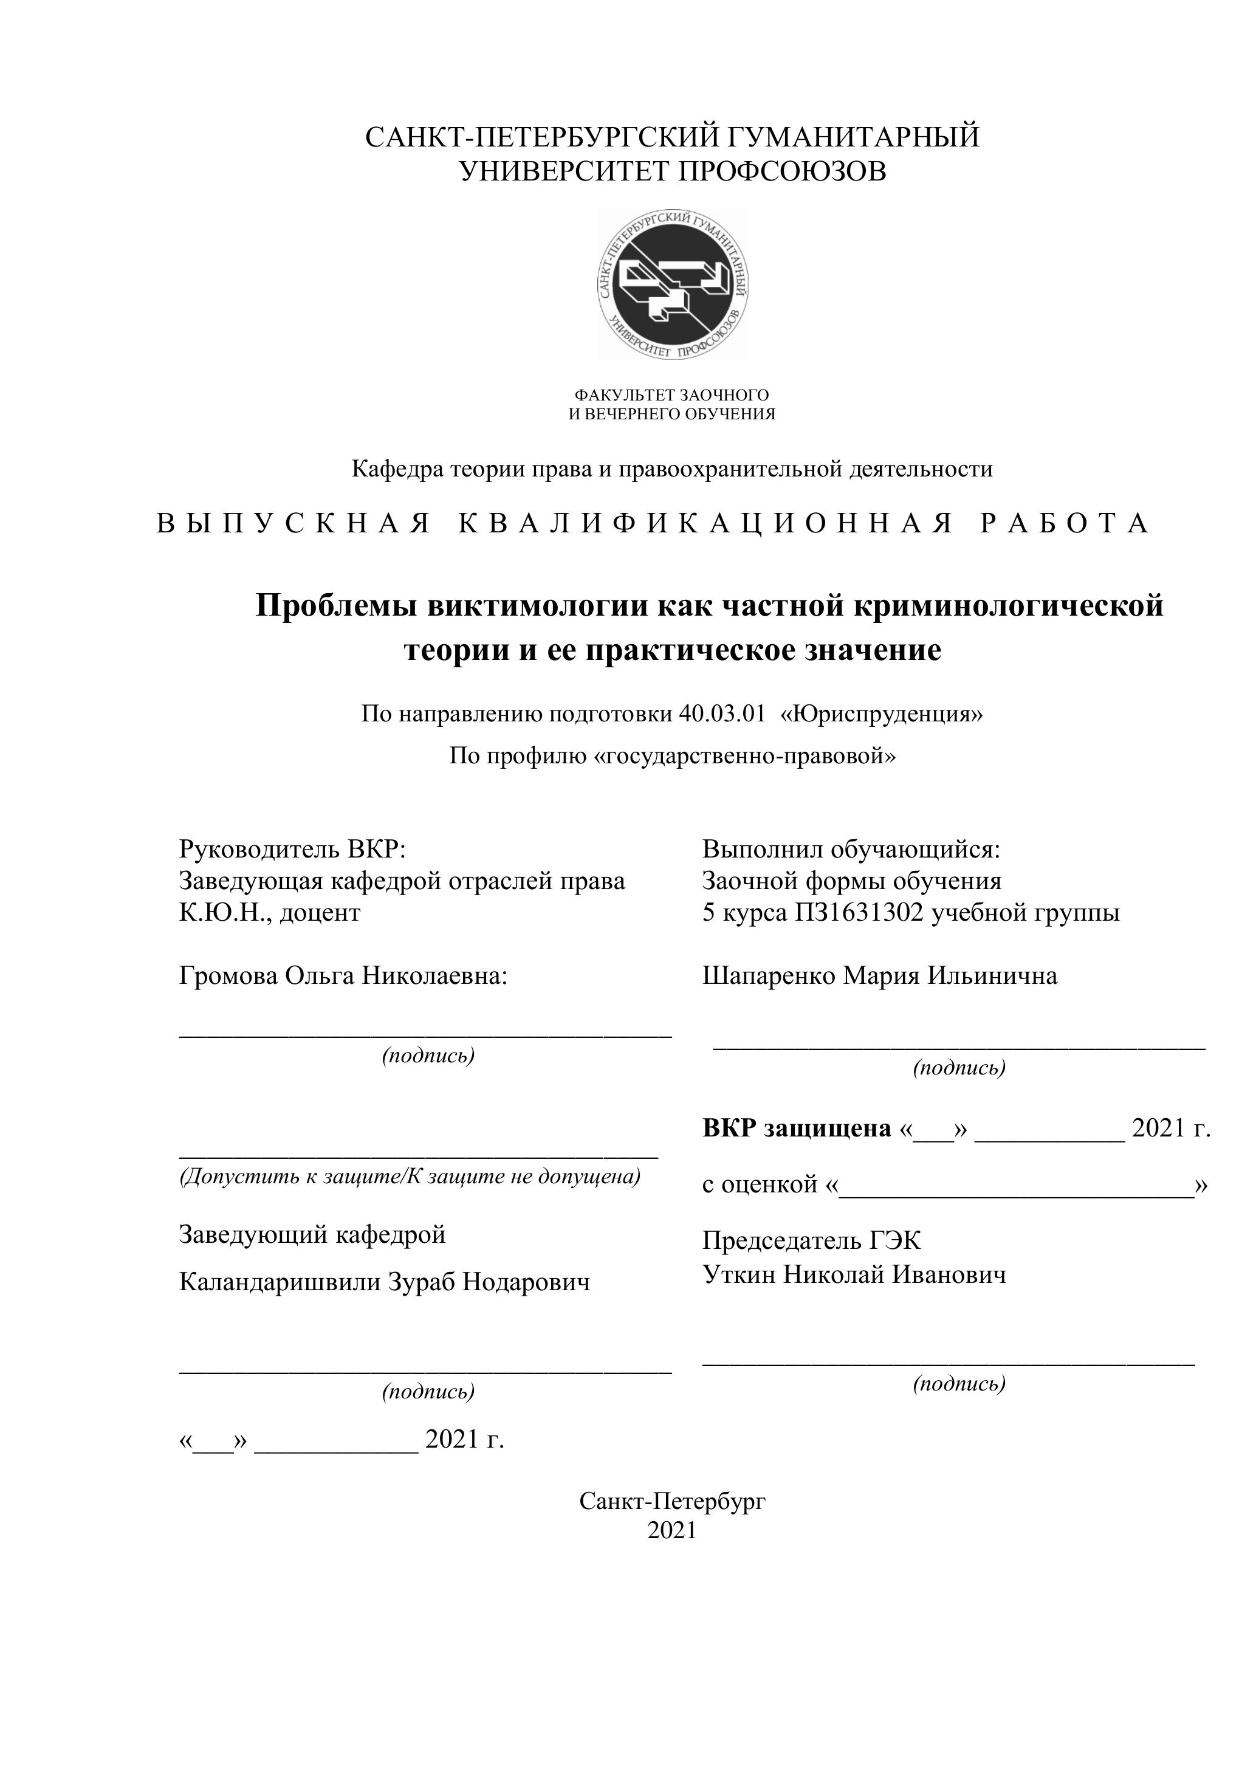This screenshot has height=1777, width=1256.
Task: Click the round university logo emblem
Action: (x=673, y=284)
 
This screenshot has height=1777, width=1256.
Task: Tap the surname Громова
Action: (x=228, y=976)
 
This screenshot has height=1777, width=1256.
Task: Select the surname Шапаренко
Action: (x=769, y=976)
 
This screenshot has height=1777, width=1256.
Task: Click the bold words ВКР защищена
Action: (x=797, y=1129)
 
